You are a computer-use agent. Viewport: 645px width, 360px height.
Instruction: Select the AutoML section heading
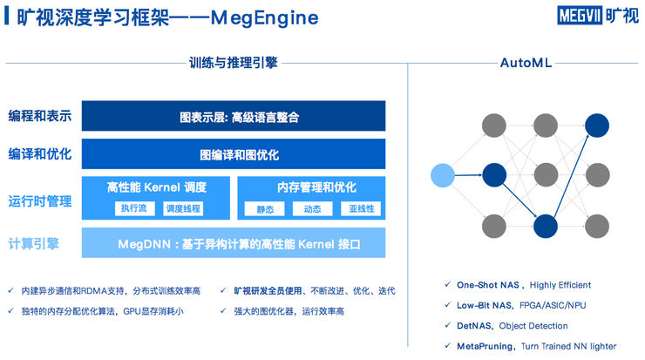point(526,63)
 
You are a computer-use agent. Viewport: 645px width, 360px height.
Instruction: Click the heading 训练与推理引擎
point(233,63)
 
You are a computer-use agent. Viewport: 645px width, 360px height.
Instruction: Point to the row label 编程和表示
point(40,116)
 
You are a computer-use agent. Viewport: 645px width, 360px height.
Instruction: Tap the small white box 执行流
point(133,208)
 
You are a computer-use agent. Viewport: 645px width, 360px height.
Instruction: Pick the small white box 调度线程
point(183,208)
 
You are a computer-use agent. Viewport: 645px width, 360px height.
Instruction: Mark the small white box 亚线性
point(361,208)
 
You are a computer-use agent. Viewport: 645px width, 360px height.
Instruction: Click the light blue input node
point(443,175)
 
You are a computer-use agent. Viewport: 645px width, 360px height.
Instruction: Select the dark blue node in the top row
point(597,125)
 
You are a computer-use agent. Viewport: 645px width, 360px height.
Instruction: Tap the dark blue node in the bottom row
point(546,226)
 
